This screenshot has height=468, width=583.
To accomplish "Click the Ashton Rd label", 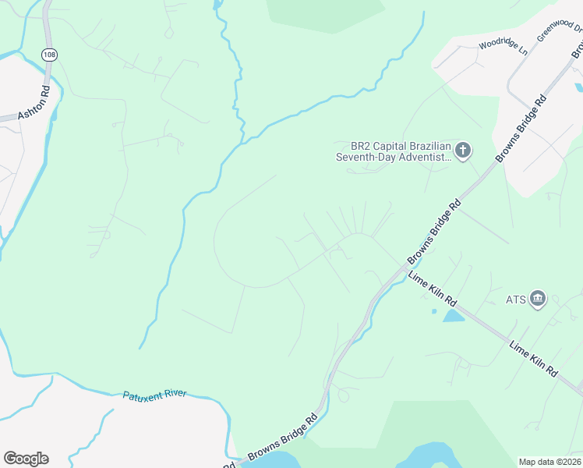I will point(34,101).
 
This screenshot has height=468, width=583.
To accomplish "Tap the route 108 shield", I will point(50,55).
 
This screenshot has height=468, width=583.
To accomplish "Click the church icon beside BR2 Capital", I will point(463,150).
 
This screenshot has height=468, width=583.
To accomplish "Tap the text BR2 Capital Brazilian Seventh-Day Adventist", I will point(393,151).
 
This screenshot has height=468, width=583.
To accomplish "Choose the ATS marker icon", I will point(538,299).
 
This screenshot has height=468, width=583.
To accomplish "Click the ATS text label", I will point(516,300).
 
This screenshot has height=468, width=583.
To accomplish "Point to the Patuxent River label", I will point(154,395).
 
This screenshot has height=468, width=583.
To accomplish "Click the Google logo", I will point(26,459).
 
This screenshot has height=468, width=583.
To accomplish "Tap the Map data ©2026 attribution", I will point(549,462).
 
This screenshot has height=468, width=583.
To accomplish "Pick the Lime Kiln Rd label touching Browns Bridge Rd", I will point(433,289).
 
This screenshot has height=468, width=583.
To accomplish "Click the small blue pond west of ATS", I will point(454,316).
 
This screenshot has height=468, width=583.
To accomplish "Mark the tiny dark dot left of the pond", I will point(434,312).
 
